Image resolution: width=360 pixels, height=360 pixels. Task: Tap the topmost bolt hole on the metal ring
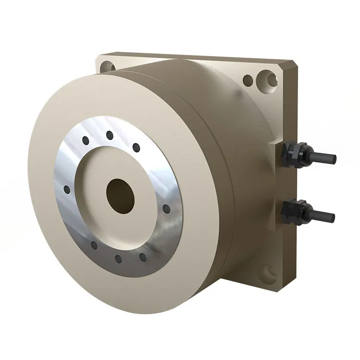109,133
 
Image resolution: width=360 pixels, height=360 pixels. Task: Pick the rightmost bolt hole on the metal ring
167,209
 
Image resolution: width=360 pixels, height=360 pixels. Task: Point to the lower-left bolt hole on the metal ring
94,245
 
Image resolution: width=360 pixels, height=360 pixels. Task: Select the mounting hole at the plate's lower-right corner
267,275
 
